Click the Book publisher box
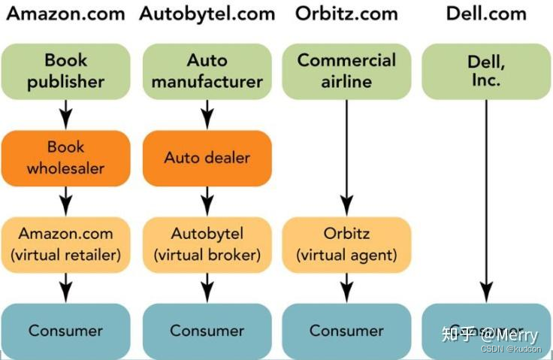point(66,71)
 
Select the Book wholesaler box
point(66,158)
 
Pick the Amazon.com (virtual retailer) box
point(66,244)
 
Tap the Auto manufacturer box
point(207,71)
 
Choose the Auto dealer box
point(207,158)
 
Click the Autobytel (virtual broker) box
point(207,244)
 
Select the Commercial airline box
point(346,71)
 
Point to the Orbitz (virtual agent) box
point(346,244)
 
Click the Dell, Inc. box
point(486,71)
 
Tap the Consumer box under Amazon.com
point(66,331)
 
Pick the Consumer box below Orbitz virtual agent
point(346,331)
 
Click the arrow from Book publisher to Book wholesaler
point(66,115)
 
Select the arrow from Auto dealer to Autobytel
point(207,201)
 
